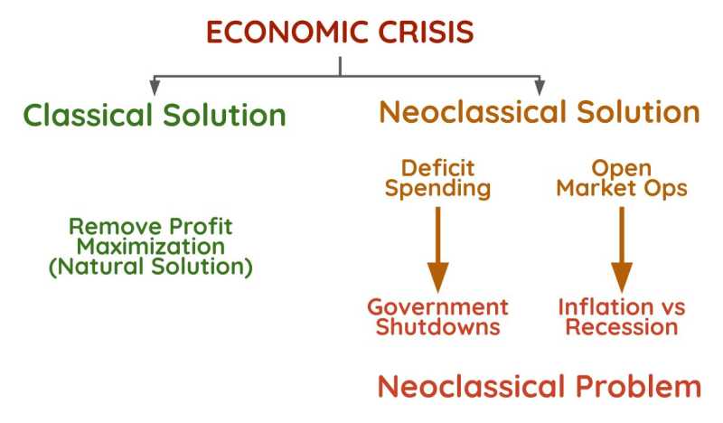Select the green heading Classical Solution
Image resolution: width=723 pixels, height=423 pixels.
pyautogui.click(x=155, y=116)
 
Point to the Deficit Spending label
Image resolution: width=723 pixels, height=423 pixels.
pyautogui.click(x=438, y=179)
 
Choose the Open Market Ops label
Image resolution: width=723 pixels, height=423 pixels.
pyautogui.click(x=621, y=179)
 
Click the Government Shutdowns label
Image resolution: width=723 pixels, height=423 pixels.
pyautogui.click(x=438, y=316)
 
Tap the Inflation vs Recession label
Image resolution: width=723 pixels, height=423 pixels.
pyautogui.click(x=621, y=316)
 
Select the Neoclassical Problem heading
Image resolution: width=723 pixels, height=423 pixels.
pyautogui.click(x=539, y=387)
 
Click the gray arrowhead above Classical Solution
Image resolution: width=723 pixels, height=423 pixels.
pyautogui.click(x=155, y=88)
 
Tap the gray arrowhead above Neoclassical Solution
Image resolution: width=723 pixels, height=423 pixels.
pyautogui.click(x=540, y=88)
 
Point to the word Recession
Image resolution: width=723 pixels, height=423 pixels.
pyautogui.click(x=621, y=327)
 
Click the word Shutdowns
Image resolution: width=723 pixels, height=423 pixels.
pyautogui.click(x=438, y=327)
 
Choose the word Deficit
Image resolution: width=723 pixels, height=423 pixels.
pyautogui.click(x=438, y=168)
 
